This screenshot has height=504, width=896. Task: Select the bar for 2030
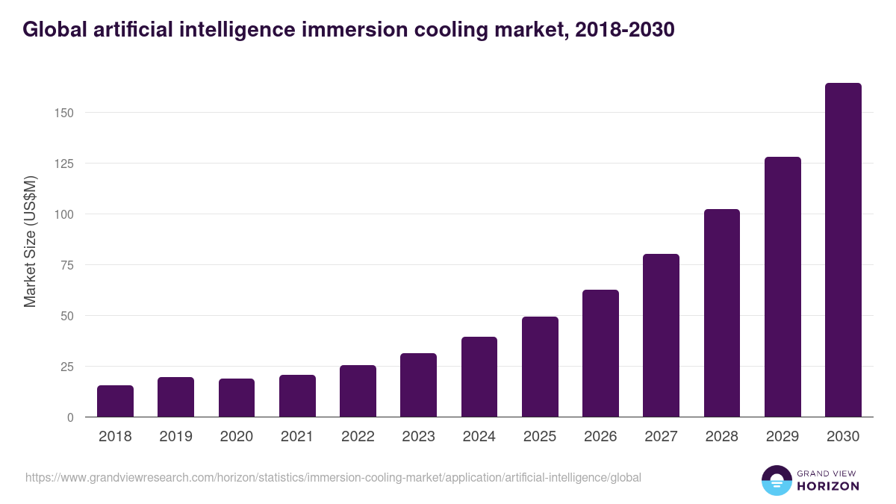843,250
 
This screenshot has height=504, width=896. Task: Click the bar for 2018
115,401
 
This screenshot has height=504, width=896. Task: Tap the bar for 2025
540,367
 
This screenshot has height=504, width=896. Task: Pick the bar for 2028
721,313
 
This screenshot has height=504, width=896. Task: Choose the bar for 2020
237,398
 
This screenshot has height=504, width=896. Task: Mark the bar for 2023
418,385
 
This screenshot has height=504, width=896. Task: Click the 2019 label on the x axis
175,437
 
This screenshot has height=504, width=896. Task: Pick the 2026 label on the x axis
600,437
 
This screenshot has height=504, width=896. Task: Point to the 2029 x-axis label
783,437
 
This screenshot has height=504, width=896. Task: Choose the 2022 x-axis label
358,437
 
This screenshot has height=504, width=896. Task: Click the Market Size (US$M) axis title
30,241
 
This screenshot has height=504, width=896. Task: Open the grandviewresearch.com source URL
333,477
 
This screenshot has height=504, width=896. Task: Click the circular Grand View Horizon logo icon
777,480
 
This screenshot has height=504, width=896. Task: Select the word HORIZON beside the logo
829,486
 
